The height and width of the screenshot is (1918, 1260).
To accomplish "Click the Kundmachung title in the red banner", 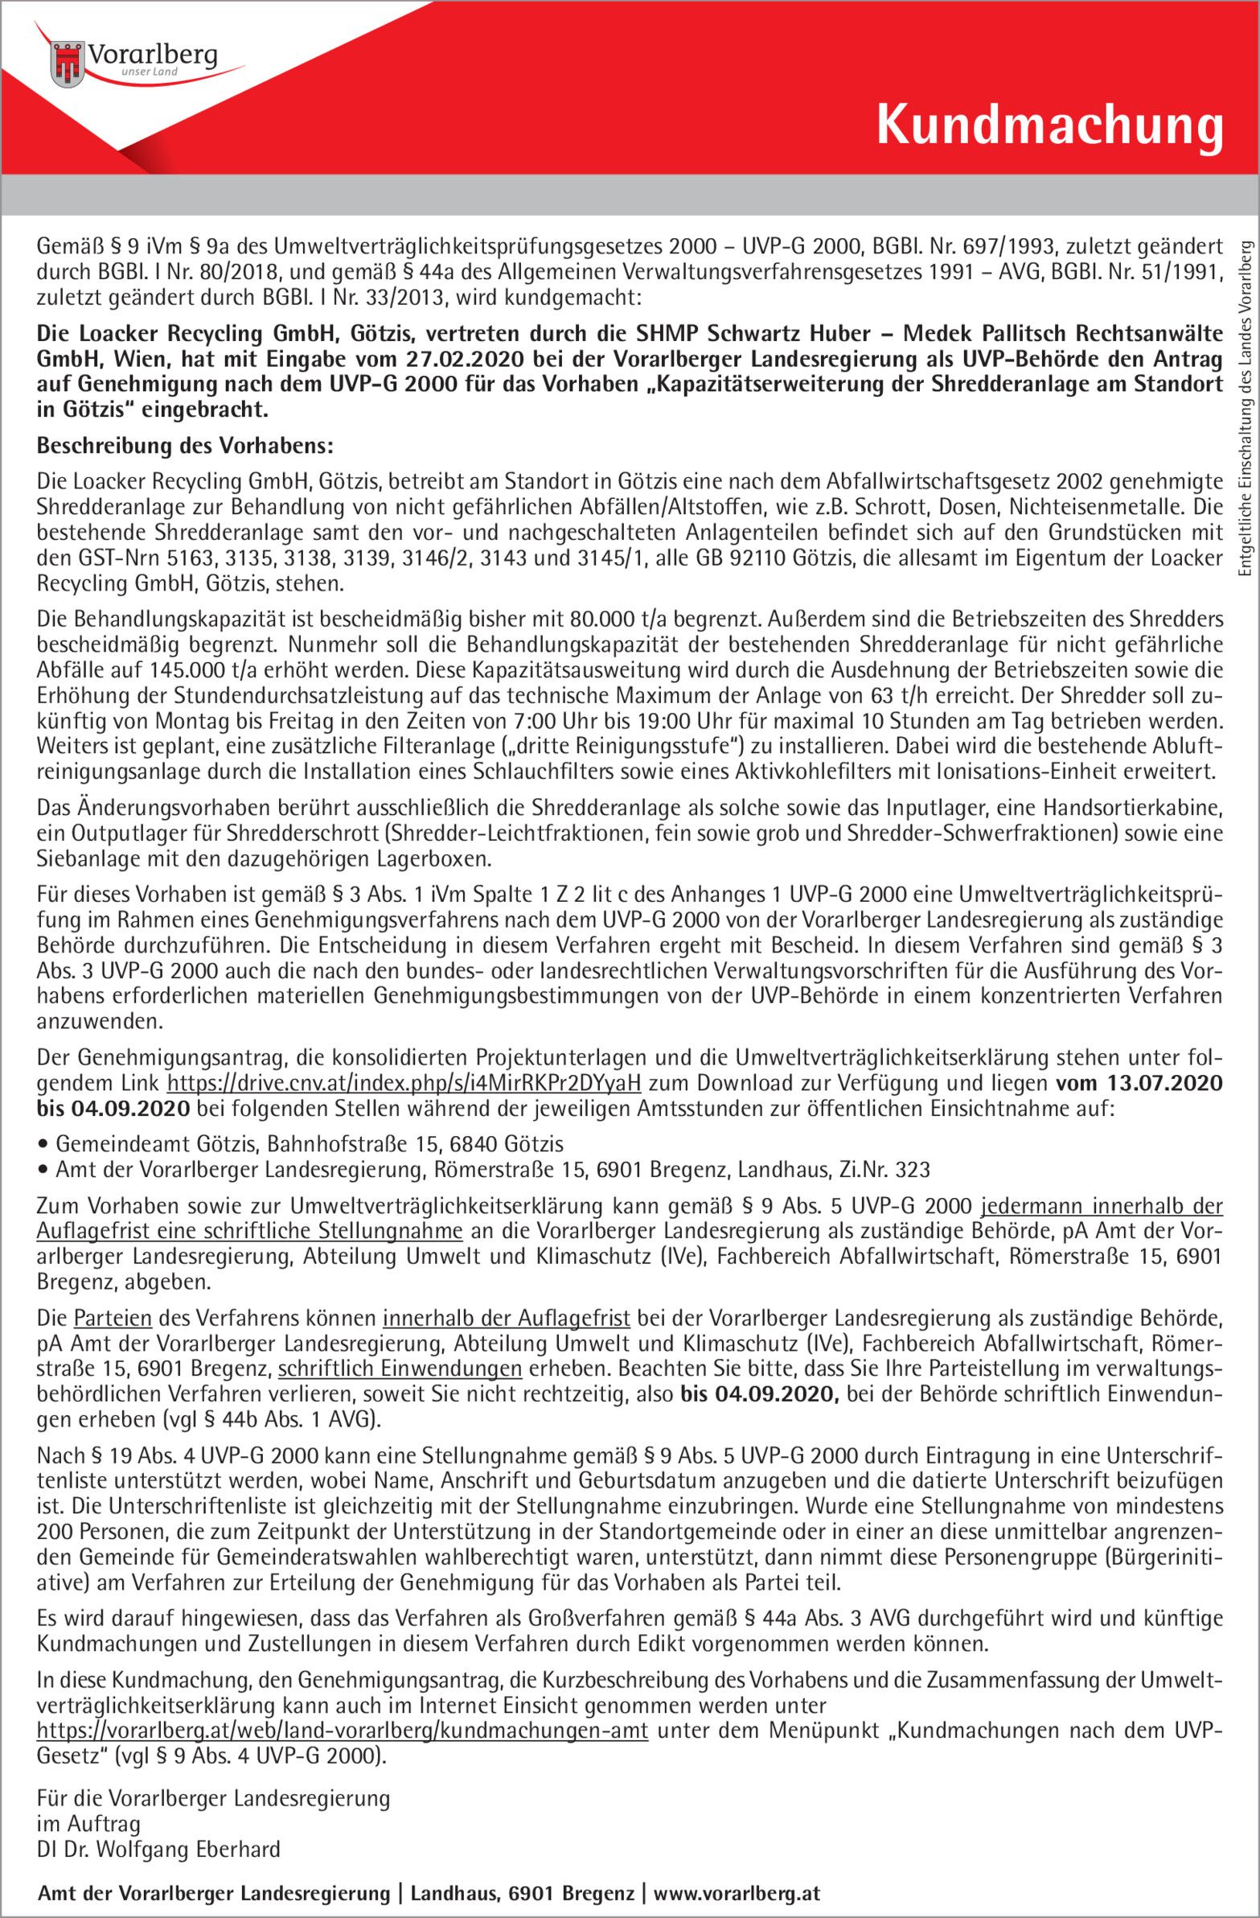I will pos(1049,126).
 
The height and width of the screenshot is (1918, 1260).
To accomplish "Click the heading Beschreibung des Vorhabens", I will pos(184,447).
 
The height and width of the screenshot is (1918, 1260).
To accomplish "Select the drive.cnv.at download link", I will pos(404,1082).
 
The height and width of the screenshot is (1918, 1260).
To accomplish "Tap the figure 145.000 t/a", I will pos(195,670).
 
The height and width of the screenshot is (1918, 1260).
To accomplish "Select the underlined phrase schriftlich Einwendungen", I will pos(400,1369).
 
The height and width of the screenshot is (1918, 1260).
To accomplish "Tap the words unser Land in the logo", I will pos(149,72).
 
